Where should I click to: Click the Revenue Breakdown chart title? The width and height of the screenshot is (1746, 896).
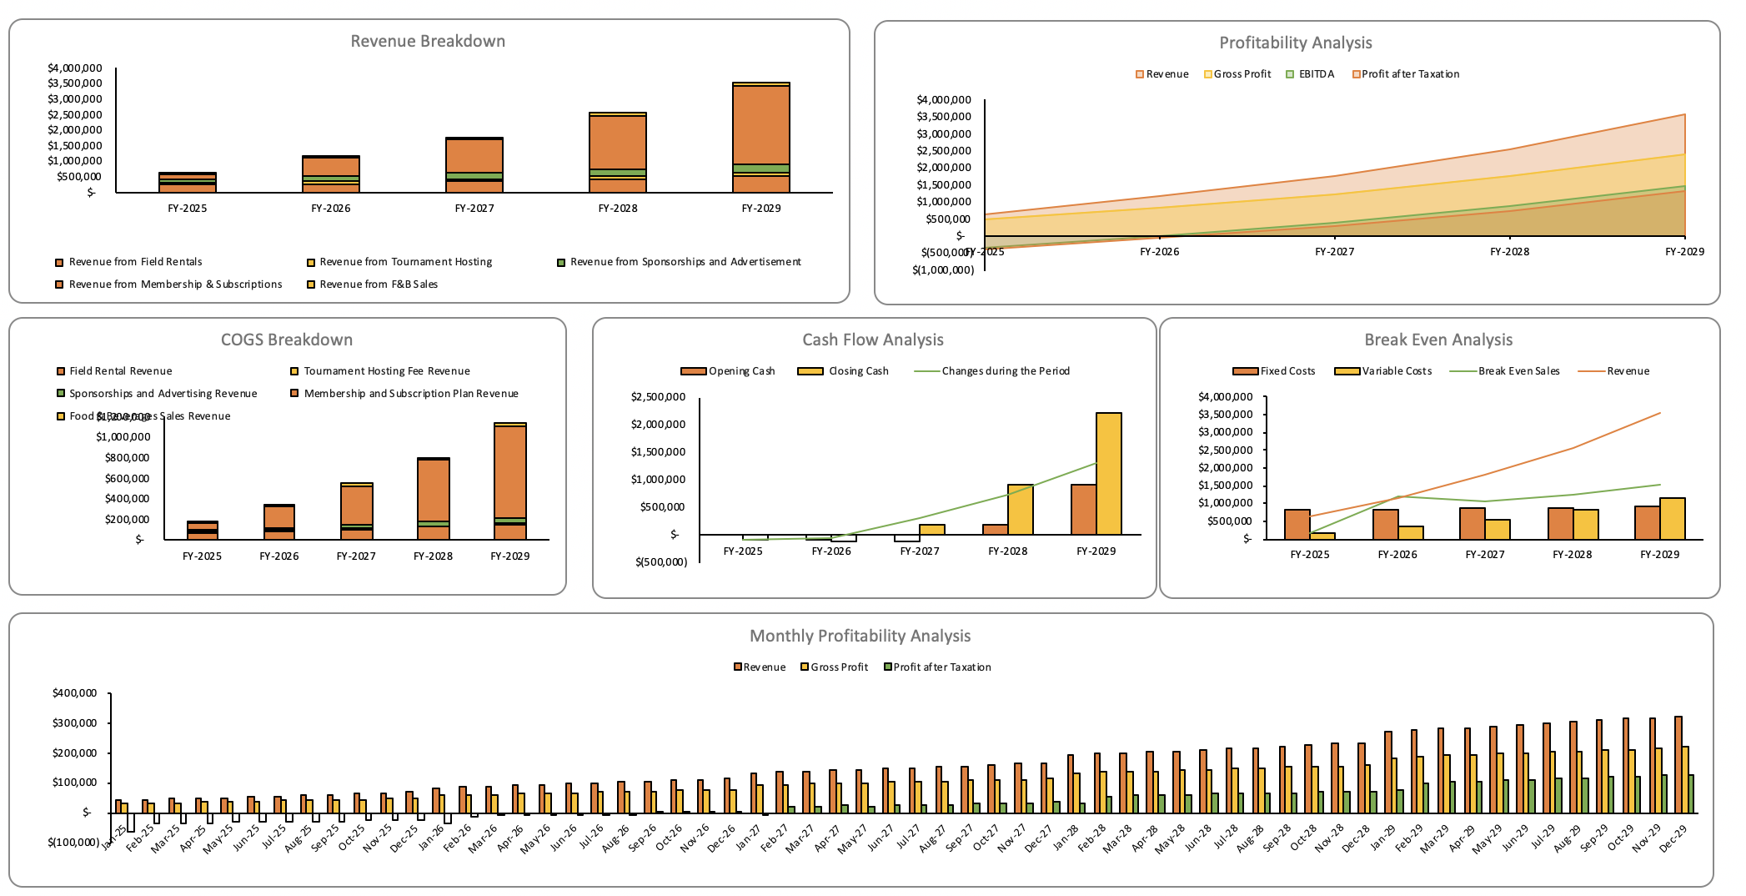click(428, 42)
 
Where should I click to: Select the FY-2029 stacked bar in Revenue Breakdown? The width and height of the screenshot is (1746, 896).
click(760, 138)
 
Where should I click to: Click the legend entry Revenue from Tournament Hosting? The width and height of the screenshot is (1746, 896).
click(405, 262)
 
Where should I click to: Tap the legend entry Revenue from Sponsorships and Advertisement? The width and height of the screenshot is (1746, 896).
click(685, 262)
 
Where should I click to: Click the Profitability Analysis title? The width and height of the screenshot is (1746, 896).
click(1295, 43)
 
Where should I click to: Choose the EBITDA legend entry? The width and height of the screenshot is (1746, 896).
click(1316, 74)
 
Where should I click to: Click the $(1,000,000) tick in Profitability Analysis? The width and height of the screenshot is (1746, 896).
click(943, 269)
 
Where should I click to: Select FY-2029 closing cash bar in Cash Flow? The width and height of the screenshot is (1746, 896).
click(1108, 473)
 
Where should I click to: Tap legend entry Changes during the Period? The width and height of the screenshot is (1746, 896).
click(1005, 371)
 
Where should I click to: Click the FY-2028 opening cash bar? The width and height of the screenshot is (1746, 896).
click(995, 529)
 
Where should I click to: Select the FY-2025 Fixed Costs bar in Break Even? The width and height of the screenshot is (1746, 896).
click(1297, 524)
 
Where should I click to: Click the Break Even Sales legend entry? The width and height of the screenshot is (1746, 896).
click(1518, 371)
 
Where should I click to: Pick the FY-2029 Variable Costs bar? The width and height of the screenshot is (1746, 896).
click(1672, 518)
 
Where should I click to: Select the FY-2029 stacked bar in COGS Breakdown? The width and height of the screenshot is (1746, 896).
click(509, 481)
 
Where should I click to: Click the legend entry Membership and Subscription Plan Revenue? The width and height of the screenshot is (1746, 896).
click(410, 394)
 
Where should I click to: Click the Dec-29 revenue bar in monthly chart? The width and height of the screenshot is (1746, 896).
click(1678, 764)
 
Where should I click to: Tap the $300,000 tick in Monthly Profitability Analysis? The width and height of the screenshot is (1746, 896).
click(75, 722)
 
